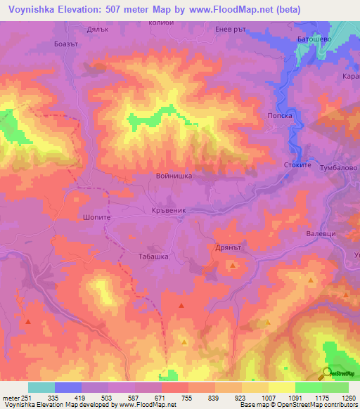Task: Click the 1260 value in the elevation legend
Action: (340, 398)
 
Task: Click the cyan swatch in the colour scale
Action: (41, 387)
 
